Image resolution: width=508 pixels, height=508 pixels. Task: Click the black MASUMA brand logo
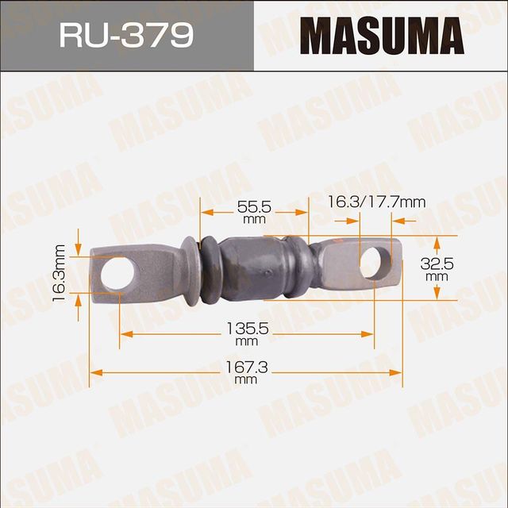pos(381,37)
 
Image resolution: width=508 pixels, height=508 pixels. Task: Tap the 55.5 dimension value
pos(254,206)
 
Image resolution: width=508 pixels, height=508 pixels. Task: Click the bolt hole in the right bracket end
pos(375,264)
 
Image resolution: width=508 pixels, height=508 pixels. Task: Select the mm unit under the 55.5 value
pos(254,219)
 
